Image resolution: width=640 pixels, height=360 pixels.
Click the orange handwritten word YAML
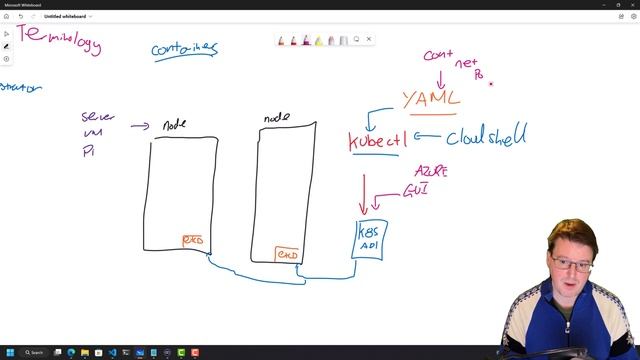coord(432,99)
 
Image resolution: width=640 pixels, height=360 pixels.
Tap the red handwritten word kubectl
coord(377,140)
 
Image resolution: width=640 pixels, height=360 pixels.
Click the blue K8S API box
coord(371,238)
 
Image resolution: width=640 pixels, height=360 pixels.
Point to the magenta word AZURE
coord(430,172)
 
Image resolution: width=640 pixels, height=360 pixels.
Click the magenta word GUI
coord(416,188)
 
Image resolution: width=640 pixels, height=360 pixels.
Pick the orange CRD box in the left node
coord(192,241)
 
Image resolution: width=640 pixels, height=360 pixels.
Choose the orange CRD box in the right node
coord(287,255)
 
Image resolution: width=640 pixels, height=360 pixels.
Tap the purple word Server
coord(98,117)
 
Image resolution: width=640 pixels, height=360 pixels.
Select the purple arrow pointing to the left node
coord(140,126)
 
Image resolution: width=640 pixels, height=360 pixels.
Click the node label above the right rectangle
coord(276,118)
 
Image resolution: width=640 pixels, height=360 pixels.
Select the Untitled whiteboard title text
coord(64,16)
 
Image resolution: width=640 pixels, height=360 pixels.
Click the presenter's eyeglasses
coord(569,264)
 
